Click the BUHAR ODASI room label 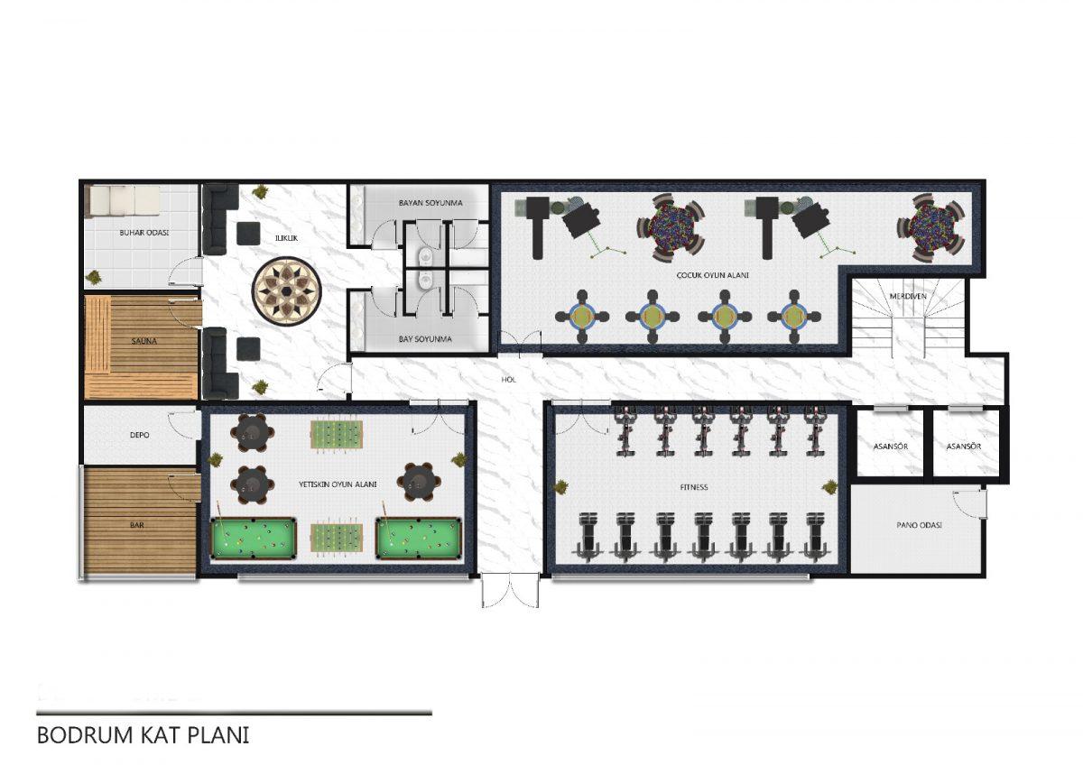(143, 233)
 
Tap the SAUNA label (144, 341)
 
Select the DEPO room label (139, 435)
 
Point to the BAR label (137, 525)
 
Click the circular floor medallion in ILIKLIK (287, 290)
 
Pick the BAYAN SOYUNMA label (430, 203)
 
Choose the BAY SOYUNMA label (424, 339)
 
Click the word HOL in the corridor (508, 380)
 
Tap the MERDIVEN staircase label (908, 296)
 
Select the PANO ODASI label (919, 525)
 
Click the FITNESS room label (694, 487)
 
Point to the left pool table (254, 538)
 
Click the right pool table (418, 538)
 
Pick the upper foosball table (336, 435)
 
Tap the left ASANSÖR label (890, 447)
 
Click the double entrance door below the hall (510, 590)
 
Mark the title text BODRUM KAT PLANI (143, 735)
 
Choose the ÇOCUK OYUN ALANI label (712, 275)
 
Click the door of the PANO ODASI (969, 505)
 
